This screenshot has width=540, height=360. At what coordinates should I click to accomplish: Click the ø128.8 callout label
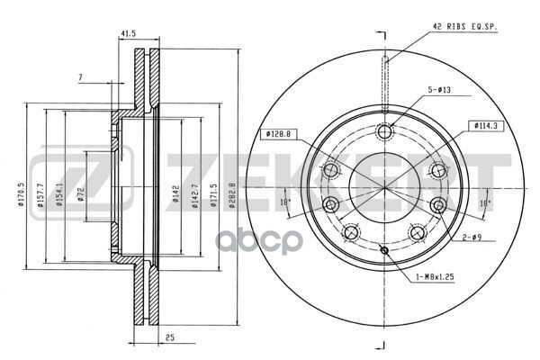coord(277,134)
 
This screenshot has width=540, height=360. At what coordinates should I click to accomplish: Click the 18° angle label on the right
coord(484,203)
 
